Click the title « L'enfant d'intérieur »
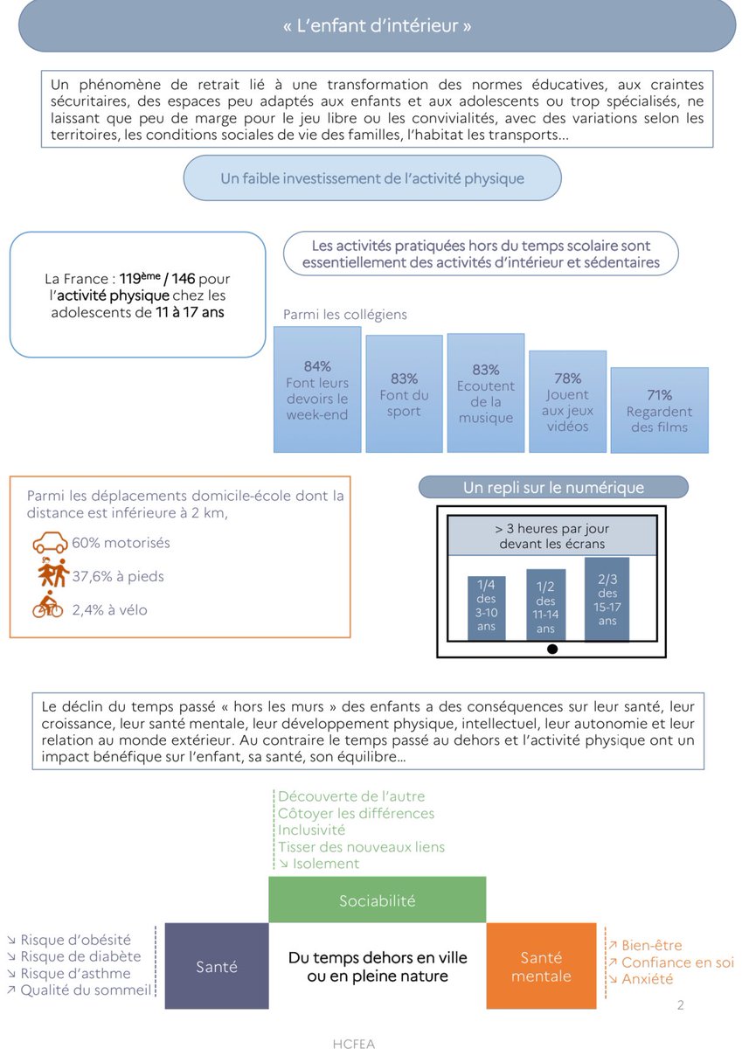pyautogui.click(x=377, y=26)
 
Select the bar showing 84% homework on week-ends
pyautogui.click(x=317, y=390)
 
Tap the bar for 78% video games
pyautogui.click(x=567, y=401)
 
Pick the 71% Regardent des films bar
pyautogui.click(x=659, y=410)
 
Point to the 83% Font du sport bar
pyautogui.click(x=404, y=394)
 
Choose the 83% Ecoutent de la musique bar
pyautogui.click(x=486, y=393)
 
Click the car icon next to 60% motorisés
pyautogui.click(x=50, y=544)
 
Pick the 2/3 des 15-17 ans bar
pyautogui.click(x=607, y=600)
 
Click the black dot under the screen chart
pyautogui.click(x=551, y=649)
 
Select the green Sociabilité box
pyautogui.click(x=377, y=900)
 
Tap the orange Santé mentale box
pyautogui.click(x=541, y=967)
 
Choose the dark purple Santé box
pyautogui.click(x=216, y=967)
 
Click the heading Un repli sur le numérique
pyautogui.click(x=553, y=488)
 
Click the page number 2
pyautogui.click(x=681, y=1005)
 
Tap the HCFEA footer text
pyautogui.click(x=354, y=1043)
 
